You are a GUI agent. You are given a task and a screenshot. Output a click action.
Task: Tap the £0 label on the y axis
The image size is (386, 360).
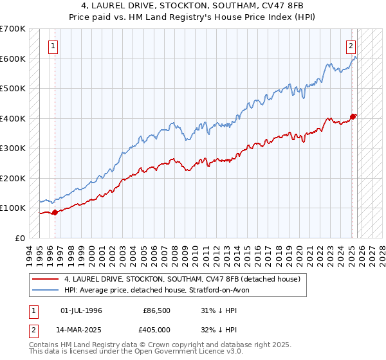pos(21,238)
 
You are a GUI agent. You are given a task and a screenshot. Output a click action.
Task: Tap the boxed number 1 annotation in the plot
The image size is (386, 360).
pos(53,46)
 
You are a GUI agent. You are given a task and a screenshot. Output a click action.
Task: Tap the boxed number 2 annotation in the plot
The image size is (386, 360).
pos(351,46)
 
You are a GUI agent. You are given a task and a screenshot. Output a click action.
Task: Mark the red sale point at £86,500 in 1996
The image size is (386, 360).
pos(55,212)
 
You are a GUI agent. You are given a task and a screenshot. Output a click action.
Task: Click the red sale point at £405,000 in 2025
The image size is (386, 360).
pos(353,116)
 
